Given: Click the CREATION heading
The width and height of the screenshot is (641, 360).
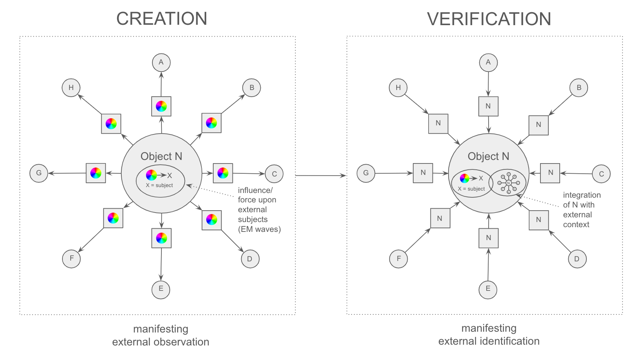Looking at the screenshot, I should point(161,19).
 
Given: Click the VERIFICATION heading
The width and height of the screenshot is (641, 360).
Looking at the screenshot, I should point(489,19).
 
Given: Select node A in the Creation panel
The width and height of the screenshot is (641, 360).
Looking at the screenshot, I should point(161,62).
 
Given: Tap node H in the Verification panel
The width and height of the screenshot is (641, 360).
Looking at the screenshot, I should point(398,88).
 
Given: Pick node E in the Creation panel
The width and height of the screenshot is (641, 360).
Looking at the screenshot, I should point(161,289).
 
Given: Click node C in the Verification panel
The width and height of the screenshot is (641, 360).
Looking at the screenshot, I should point(601,174).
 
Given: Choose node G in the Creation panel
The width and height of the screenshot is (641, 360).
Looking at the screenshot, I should point(38,173).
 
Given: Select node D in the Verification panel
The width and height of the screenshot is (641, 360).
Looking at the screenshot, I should point(577,259).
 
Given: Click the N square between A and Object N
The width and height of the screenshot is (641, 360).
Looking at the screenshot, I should point(488,106).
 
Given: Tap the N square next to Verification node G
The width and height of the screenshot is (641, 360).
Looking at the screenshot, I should point(423,173).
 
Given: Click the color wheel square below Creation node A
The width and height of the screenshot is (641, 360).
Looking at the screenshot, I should point(161,106).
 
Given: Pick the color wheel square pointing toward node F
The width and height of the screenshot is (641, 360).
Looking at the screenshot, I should point(113,218).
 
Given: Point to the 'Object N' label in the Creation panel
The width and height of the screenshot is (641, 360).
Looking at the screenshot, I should point(161,156).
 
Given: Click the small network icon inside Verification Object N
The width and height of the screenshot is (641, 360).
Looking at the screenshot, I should point(508,183).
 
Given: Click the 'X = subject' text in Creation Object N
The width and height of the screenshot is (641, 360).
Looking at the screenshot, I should point(159,186).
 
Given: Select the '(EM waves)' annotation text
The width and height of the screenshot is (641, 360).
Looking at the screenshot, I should point(259,229).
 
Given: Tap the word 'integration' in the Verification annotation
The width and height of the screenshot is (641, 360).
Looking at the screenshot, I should point(581,195).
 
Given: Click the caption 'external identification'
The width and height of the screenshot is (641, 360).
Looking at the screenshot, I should point(489,341).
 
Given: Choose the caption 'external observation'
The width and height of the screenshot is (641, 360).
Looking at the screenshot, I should point(161,342).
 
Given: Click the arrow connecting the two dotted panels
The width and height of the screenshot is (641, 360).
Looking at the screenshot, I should point(320,176).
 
